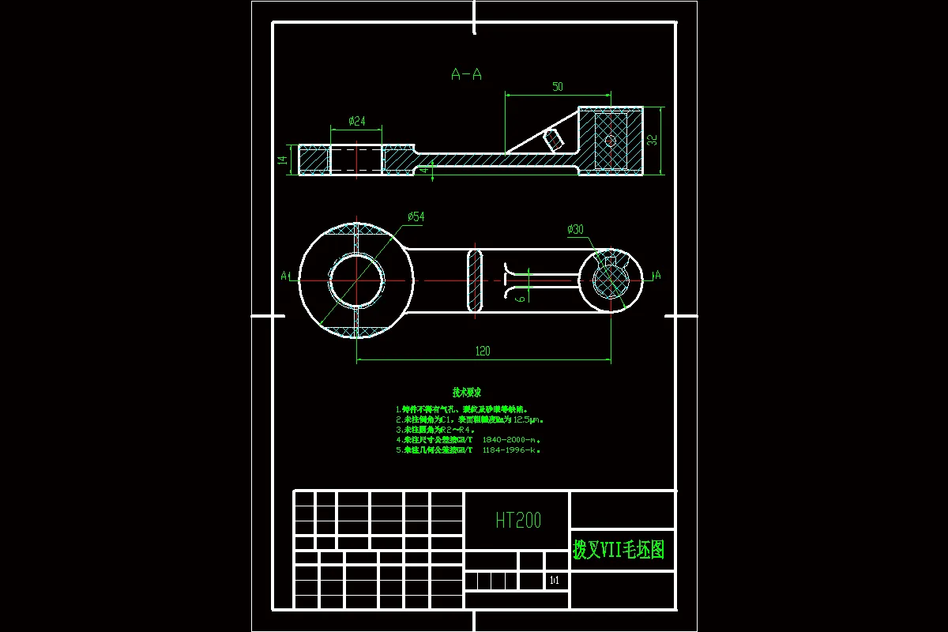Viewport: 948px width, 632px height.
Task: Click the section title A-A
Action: point(466,74)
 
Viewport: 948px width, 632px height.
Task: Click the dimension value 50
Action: point(558,87)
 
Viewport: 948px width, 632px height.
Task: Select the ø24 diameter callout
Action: point(357,121)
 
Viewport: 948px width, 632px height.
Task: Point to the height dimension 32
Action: point(652,140)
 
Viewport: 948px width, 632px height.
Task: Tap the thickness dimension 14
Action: point(282,160)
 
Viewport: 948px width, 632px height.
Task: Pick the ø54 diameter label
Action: point(416,216)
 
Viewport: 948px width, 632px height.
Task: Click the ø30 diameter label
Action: point(575,229)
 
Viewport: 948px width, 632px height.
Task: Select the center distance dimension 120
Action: point(483,352)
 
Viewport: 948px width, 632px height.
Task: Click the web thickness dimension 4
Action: point(424,170)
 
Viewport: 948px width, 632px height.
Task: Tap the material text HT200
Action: point(518,520)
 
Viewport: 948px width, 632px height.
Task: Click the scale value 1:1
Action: point(554,581)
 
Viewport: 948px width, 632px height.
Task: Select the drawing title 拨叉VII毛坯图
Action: point(619,549)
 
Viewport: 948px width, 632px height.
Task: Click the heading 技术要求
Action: point(467,392)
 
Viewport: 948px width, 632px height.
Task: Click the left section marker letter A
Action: point(284,276)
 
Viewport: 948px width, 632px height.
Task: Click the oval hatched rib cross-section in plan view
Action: point(475,280)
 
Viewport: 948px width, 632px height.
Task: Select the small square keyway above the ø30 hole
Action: point(610,261)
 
